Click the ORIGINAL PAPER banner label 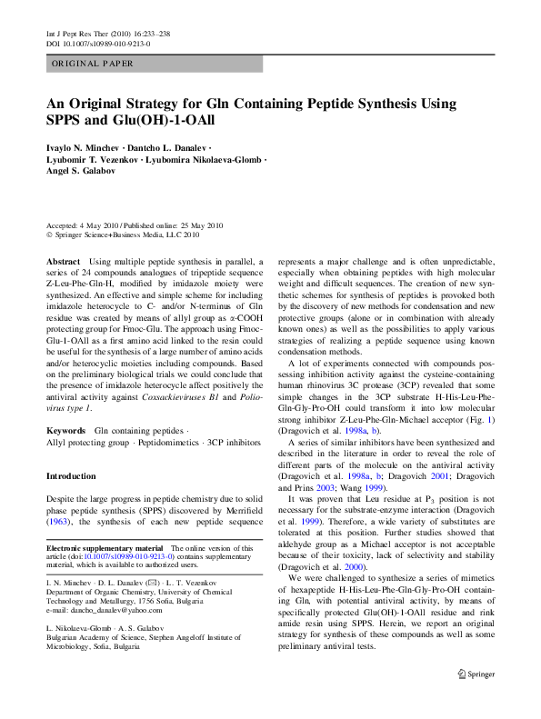pyautogui.click(x=93, y=64)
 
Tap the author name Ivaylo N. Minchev pyautogui.click(x=82, y=146)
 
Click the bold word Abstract pyautogui.click(x=62, y=262)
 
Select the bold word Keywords pyautogui.click(x=65, y=404)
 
